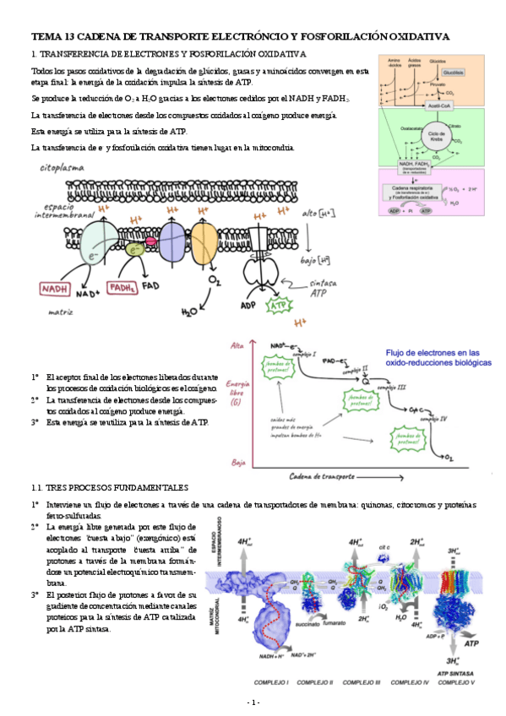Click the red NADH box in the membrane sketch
[x=56, y=289]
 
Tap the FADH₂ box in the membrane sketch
[x=123, y=287]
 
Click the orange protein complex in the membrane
[x=212, y=237]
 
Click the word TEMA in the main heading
[x=45, y=37]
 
